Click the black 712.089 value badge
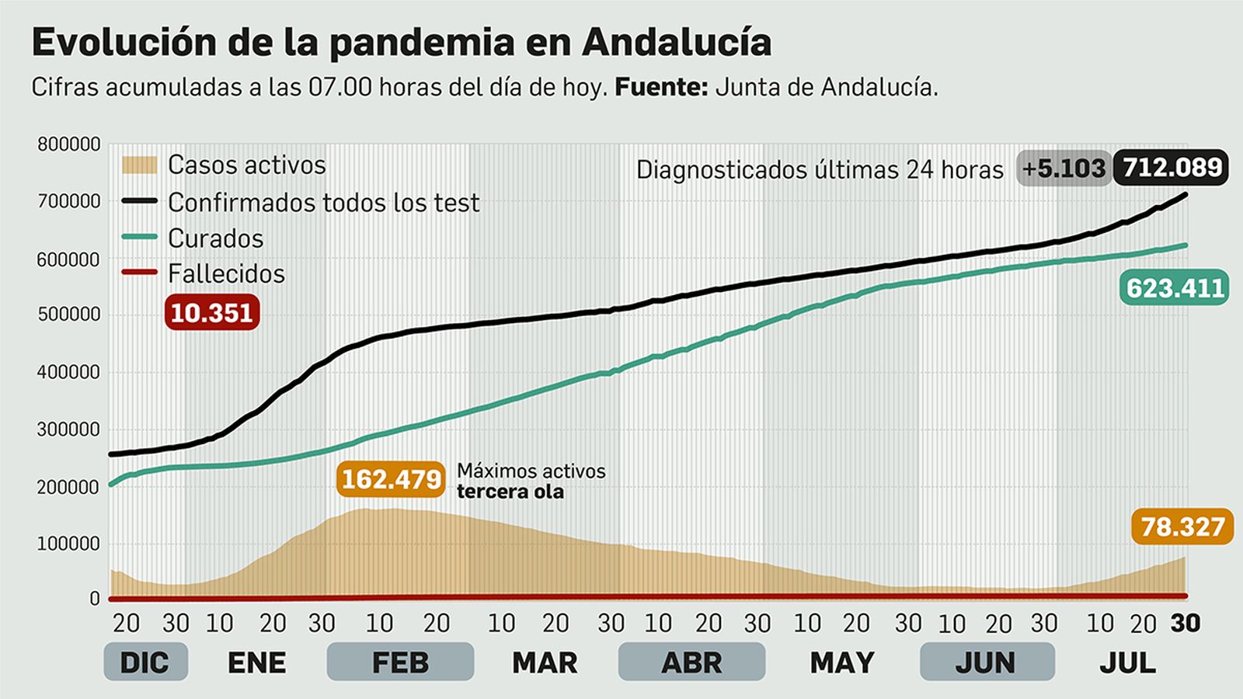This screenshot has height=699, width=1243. click(1171, 167)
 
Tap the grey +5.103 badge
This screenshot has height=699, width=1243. click(1063, 168)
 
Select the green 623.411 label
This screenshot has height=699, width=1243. click(1175, 288)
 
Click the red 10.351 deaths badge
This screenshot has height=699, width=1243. click(211, 313)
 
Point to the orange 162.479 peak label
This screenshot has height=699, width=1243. click(392, 479)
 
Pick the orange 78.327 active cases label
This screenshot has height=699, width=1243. click(1182, 527)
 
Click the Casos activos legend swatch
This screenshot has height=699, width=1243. click(139, 165)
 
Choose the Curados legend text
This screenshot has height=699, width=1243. click(215, 238)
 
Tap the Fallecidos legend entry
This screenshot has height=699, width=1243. click(226, 273)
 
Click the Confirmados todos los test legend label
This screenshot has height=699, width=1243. click(323, 203)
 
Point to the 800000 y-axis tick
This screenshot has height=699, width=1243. click(69, 144)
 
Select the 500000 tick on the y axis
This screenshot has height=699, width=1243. click(69, 315)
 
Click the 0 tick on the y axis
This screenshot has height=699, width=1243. click(95, 599)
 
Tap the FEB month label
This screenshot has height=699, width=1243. click(400, 662)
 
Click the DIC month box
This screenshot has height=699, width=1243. click(145, 662)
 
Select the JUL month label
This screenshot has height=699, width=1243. click(1127, 662)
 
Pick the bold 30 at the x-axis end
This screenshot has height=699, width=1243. click(1186, 623)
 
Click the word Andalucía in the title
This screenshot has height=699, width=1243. click(676, 42)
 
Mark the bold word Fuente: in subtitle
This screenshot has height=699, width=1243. click(661, 87)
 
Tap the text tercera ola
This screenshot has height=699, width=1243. click(510, 492)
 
